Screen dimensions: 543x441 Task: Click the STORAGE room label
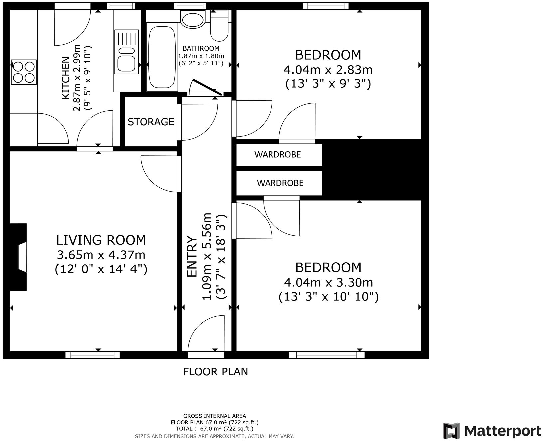click(151, 122)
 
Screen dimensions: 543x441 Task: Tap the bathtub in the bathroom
click(162, 57)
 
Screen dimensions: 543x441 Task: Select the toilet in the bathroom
click(219, 26)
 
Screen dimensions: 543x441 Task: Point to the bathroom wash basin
click(193, 19)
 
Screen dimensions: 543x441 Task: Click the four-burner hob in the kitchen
click(24, 72)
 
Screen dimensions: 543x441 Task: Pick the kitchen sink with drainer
click(126, 52)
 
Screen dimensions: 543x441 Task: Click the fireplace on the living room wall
click(18, 257)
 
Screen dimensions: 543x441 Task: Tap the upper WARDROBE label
click(277, 154)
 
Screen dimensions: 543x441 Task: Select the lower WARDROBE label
click(280, 183)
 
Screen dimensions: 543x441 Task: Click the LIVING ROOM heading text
click(101, 240)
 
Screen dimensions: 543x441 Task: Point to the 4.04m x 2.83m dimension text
click(328, 70)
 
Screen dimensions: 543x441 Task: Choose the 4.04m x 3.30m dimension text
click(328, 282)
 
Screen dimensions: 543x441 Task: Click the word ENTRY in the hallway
click(192, 256)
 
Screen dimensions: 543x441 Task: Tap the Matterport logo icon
click(451, 431)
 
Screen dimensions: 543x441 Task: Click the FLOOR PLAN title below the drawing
click(216, 371)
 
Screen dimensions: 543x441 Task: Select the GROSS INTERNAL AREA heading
click(215, 416)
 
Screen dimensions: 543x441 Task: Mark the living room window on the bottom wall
click(92, 355)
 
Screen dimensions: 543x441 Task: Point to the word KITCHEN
click(66, 78)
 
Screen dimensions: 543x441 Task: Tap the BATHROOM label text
click(201, 48)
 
